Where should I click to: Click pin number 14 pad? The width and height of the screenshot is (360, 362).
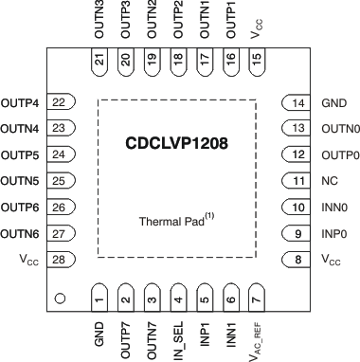[x=297, y=103]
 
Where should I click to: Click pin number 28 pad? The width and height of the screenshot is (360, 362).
[x=59, y=259]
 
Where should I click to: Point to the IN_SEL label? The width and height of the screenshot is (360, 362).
[x=177, y=335]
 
